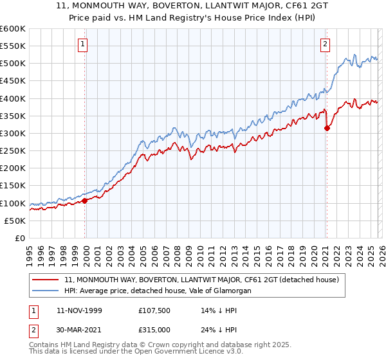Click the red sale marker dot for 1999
pos(85,201)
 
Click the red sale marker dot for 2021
pos(327,128)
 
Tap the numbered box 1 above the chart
pos(84,44)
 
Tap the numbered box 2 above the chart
pos(325,44)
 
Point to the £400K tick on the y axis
pos(13,98)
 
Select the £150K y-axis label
pos(13,186)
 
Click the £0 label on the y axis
pos(19,238)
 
